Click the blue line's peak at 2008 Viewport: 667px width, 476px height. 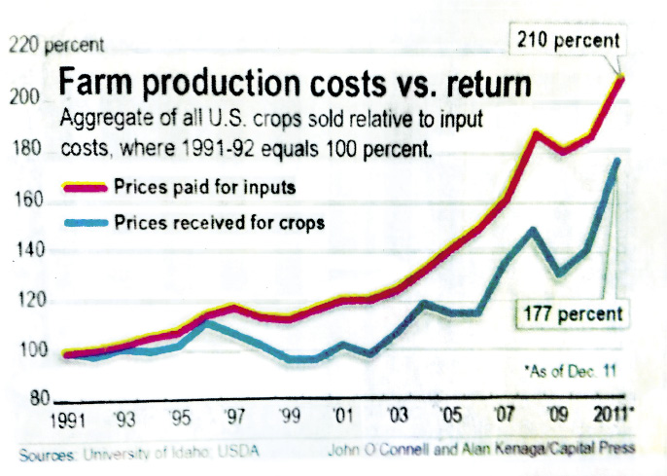point(533,231)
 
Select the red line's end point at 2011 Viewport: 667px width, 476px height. point(619,77)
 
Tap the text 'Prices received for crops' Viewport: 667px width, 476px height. point(218,222)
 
